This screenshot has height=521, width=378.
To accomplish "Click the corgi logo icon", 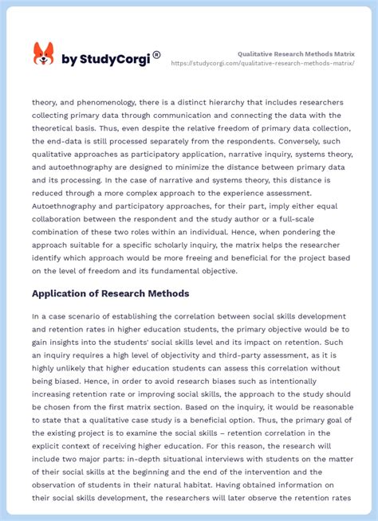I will coord(43,54).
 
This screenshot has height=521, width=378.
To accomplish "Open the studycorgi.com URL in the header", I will coord(263,63).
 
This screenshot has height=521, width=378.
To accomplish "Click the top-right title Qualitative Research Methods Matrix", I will coord(296,53).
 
